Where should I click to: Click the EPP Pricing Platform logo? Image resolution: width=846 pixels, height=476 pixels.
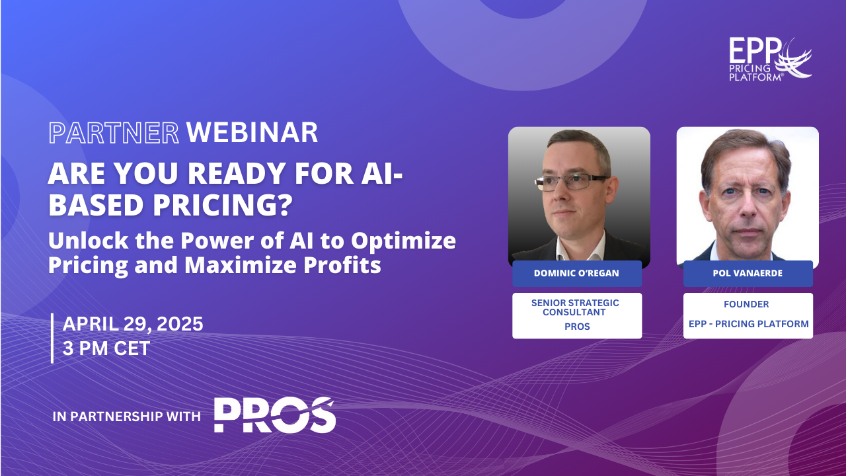(770, 59)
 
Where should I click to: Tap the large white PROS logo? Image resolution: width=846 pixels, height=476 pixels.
(274, 415)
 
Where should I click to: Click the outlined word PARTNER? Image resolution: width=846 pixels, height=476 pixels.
(114, 133)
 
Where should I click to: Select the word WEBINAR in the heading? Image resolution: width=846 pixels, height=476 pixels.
(252, 133)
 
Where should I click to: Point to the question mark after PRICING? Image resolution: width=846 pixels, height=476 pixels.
(287, 205)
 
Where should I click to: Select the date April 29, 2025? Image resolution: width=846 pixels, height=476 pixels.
(133, 324)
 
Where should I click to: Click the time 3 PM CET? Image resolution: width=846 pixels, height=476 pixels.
(106, 348)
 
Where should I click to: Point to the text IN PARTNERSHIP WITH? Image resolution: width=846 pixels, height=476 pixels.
(126, 416)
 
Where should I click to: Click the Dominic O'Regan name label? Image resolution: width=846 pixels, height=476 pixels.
(577, 273)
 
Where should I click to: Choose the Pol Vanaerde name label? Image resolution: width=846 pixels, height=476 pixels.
(748, 273)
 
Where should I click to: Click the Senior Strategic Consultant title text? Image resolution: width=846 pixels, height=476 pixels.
(575, 307)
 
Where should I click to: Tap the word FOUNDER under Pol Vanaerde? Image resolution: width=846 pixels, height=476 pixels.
(746, 304)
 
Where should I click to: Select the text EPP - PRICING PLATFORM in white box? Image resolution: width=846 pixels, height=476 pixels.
(749, 324)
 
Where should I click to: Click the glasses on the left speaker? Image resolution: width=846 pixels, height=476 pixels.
(571, 182)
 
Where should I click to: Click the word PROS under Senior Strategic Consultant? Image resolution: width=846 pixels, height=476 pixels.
(577, 327)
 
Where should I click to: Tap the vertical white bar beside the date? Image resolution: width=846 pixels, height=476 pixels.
(52, 338)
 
